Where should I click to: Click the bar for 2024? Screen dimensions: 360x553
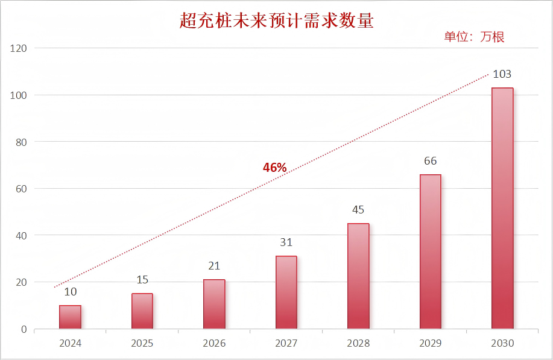click(x=70, y=317)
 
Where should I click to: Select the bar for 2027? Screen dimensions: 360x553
click(x=286, y=292)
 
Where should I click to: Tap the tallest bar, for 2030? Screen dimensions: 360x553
click(x=502, y=208)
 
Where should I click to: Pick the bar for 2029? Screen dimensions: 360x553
click(x=430, y=251)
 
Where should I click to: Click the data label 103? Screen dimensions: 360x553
click(x=502, y=74)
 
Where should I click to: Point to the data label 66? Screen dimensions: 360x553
click(x=430, y=161)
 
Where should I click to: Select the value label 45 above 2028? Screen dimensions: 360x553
click(x=358, y=210)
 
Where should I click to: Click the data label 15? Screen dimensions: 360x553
click(x=142, y=280)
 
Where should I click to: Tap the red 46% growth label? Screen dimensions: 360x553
click(x=274, y=168)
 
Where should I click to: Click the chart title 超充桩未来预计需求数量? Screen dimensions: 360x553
click(x=277, y=21)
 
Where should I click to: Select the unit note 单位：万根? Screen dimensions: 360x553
click(x=474, y=37)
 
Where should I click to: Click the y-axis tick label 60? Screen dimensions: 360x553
click(x=21, y=189)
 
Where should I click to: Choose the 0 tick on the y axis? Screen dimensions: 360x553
click(x=24, y=329)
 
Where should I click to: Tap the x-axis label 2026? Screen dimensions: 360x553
click(x=214, y=344)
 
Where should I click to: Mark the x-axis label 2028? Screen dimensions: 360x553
click(x=358, y=344)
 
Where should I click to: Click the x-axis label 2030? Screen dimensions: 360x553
click(x=502, y=344)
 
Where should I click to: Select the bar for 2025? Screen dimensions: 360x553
click(x=142, y=311)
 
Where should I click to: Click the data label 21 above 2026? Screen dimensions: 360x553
click(x=214, y=266)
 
